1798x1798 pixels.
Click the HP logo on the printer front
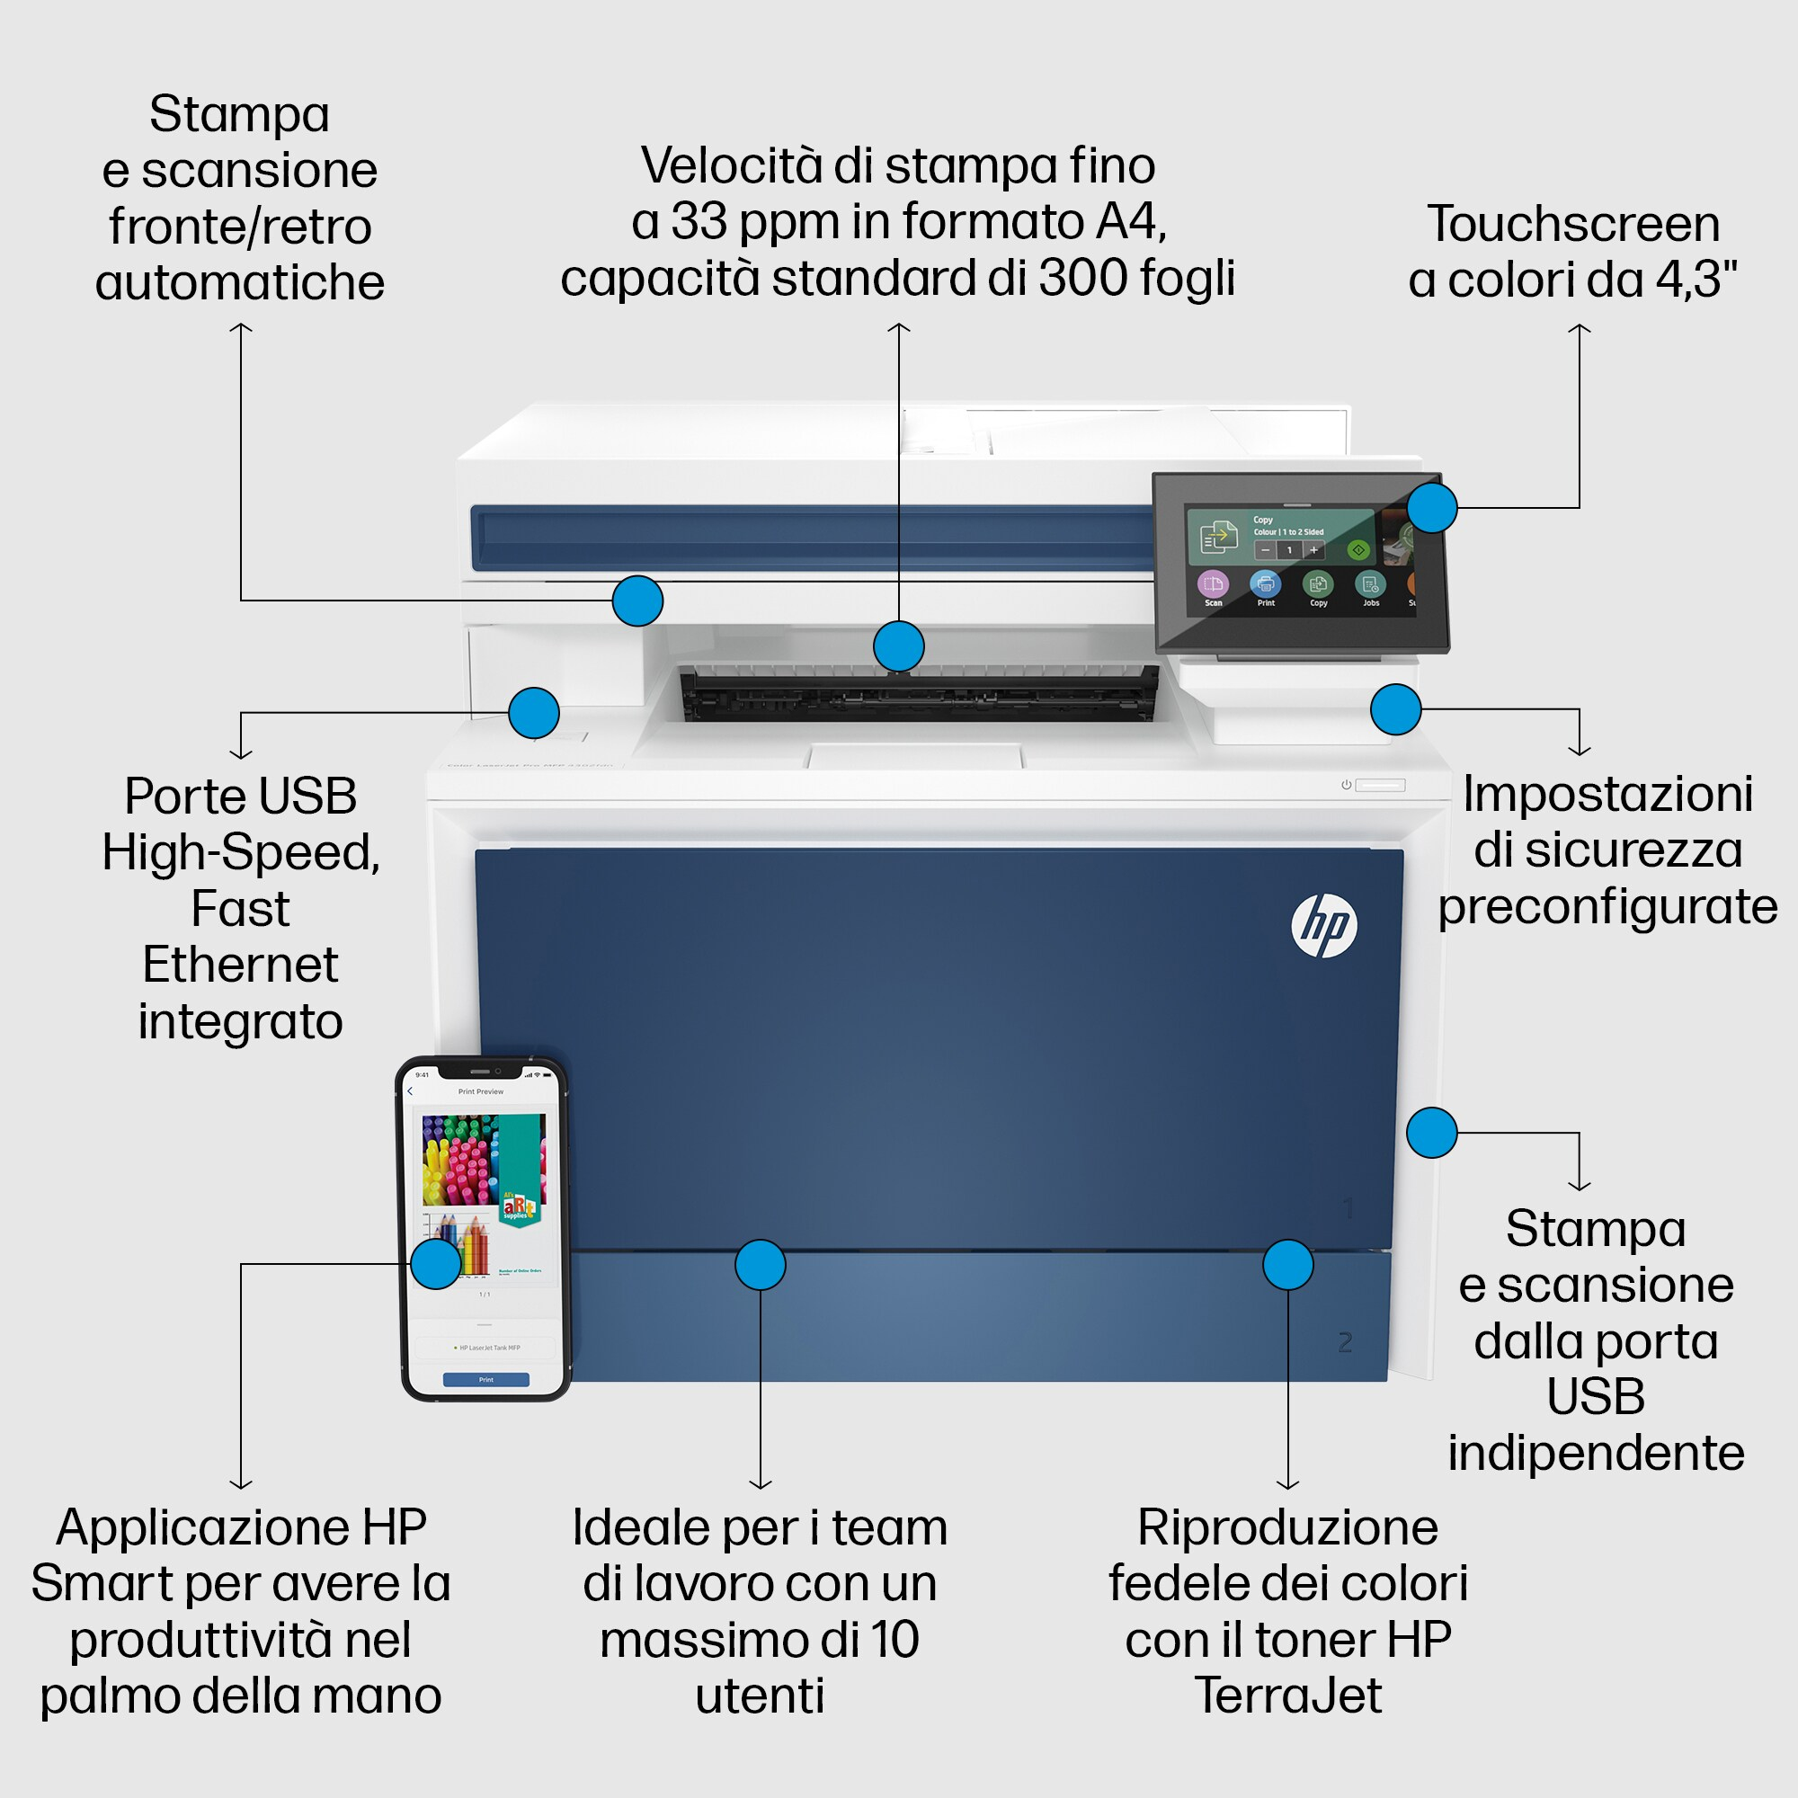click(x=1323, y=925)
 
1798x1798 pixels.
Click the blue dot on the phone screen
click(x=435, y=1264)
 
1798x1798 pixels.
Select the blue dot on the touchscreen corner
click(x=1431, y=507)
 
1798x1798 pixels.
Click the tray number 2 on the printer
click(x=1345, y=1342)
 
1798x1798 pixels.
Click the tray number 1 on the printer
click(x=1348, y=1209)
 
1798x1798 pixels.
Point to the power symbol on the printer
click(x=1346, y=785)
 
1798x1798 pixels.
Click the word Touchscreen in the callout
click(x=1572, y=224)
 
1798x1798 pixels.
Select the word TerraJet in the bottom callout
click(x=1287, y=1695)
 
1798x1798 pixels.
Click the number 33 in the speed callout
click(x=699, y=221)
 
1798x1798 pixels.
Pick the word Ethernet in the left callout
click(x=240, y=964)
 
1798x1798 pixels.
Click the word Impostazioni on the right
click(x=1607, y=794)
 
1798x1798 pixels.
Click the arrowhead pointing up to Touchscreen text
click(x=1580, y=328)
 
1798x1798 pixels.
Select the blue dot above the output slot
click(x=898, y=645)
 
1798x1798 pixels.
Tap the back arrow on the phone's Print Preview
click(x=409, y=1090)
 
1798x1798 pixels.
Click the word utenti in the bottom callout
click(x=760, y=1695)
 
